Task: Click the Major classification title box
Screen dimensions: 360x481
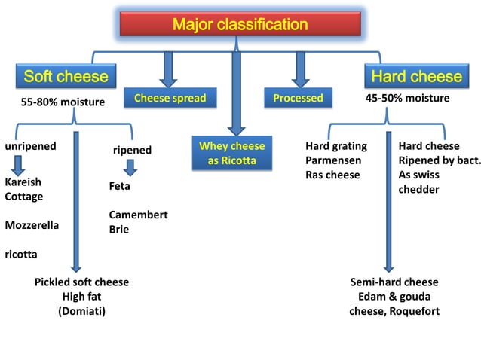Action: [240, 25]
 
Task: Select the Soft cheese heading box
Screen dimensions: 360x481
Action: [66, 76]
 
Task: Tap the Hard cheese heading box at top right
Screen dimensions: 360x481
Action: [415, 76]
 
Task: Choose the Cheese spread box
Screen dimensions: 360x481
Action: [170, 98]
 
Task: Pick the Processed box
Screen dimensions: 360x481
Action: [299, 98]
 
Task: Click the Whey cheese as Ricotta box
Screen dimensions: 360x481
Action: [231, 154]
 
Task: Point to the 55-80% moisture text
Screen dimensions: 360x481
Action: [63, 102]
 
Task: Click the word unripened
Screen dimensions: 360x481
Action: [31, 146]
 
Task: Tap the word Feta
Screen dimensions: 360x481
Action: [120, 185]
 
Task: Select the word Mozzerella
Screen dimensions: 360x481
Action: [32, 225]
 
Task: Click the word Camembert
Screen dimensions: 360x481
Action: [138, 215]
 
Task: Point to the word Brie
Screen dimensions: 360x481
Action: [119, 229]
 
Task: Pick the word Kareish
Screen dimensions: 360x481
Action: [23, 182]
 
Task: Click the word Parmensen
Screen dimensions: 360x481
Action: [333, 160]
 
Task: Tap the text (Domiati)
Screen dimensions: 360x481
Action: [81, 310]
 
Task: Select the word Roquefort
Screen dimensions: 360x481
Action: [414, 310]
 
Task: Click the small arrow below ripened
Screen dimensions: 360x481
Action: [130, 166]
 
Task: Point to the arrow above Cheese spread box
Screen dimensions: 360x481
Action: [170, 68]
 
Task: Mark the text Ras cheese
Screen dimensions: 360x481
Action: [332, 175]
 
